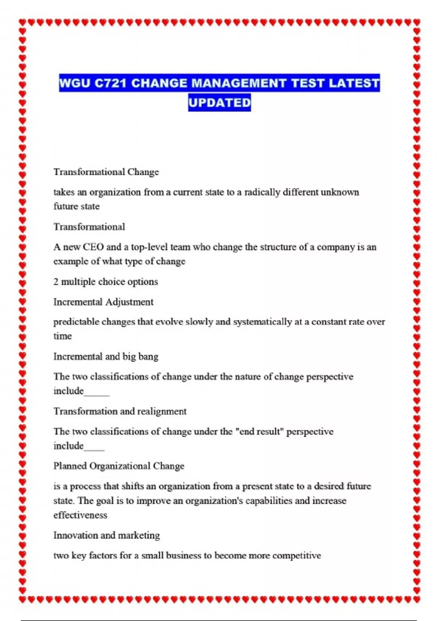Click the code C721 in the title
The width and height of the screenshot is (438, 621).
[x=110, y=83]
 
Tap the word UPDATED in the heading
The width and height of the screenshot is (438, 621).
[x=219, y=103]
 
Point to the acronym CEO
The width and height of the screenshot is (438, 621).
[x=93, y=247]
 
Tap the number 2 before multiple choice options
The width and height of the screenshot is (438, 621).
[x=56, y=282]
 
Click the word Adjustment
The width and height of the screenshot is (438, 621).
[x=129, y=302]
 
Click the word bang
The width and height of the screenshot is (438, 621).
[x=148, y=357]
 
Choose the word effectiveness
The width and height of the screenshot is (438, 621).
[x=80, y=515]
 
